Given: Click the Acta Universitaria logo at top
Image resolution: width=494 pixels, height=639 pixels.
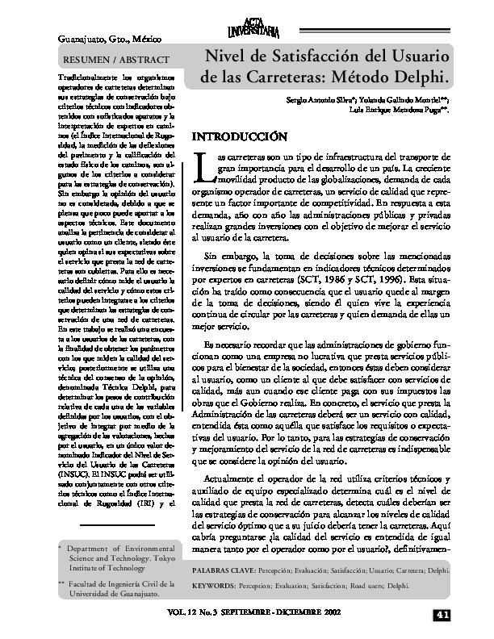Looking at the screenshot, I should tap(253, 30).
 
